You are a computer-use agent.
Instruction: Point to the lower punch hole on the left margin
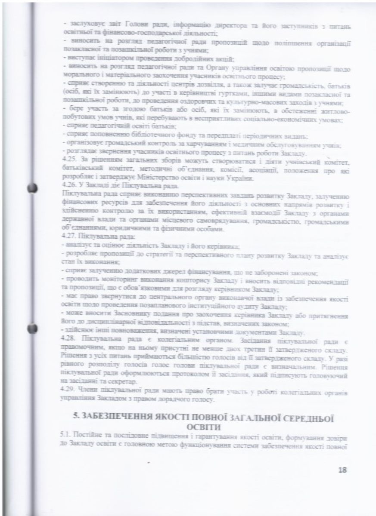(x=31, y=329)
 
